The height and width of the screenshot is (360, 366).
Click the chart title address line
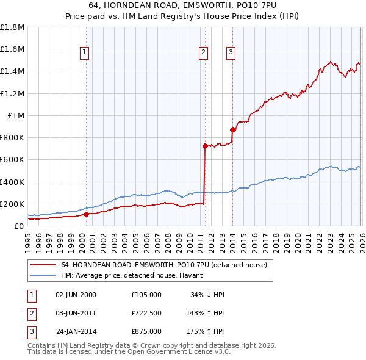(x=183, y=5)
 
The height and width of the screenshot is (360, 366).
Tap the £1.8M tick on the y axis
(x=12, y=27)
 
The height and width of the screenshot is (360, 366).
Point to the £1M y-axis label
(x=16, y=115)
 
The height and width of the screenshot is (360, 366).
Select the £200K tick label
(x=12, y=204)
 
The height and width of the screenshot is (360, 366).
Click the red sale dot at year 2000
(x=86, y=214)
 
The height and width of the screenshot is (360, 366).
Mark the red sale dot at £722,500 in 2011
(x=205, y=146)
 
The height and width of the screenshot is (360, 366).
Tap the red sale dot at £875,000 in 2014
(x=232, y=129)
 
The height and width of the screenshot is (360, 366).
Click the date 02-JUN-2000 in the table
(x=76, y=295)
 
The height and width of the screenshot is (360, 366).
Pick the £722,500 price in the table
(x=146, y=313)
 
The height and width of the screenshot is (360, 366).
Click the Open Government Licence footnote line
(x=129, y=353)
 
